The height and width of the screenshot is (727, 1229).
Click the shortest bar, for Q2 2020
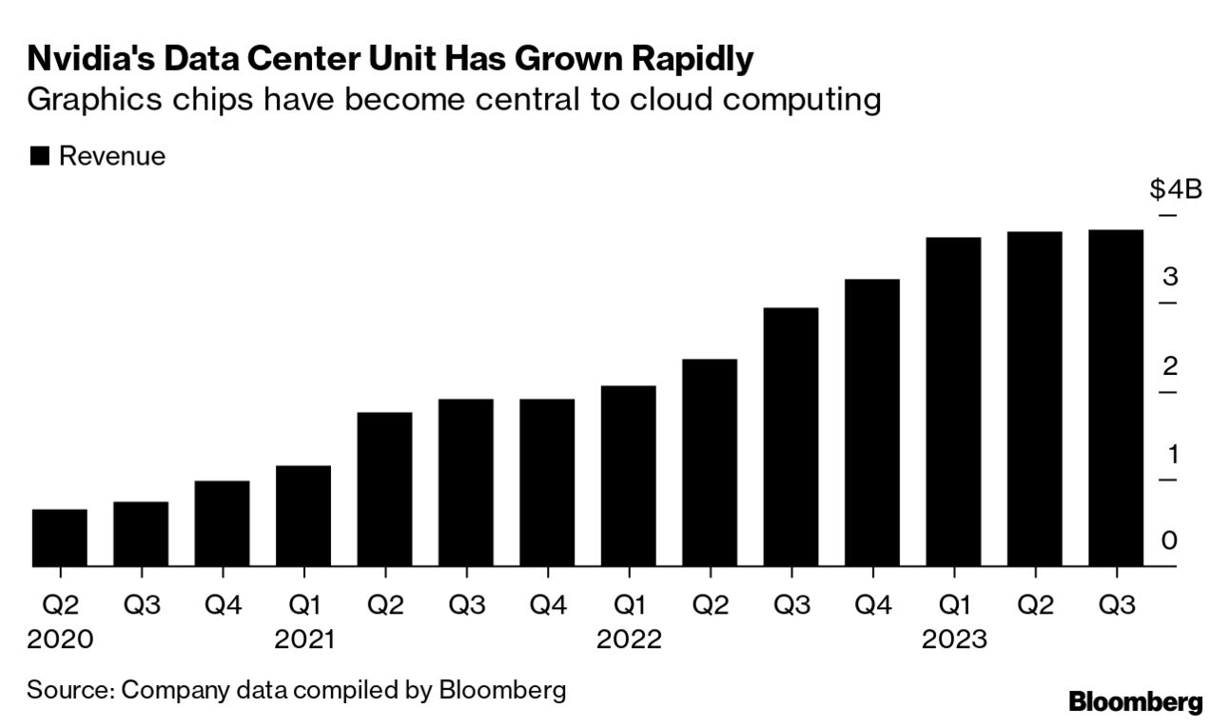60,538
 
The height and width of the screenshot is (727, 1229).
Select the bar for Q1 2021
303,516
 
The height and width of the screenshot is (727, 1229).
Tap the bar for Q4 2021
547,482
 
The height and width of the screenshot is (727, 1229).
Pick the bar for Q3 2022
790,437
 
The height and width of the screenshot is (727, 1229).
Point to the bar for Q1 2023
953,402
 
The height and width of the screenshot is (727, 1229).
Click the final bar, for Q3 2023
1116,398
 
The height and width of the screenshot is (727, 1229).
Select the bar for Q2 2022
710,462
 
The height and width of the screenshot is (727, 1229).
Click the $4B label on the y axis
1176,189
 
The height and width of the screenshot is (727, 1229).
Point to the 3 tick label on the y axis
1170,278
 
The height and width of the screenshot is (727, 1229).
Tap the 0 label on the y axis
1170,540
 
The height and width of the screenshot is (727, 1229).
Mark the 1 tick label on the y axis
1172,454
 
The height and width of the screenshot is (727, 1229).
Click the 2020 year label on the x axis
60,639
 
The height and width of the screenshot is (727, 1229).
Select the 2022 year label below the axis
629,639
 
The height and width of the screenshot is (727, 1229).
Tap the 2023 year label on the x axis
954,639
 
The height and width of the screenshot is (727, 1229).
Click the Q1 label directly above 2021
303,606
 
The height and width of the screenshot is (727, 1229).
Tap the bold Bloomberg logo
1136,702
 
